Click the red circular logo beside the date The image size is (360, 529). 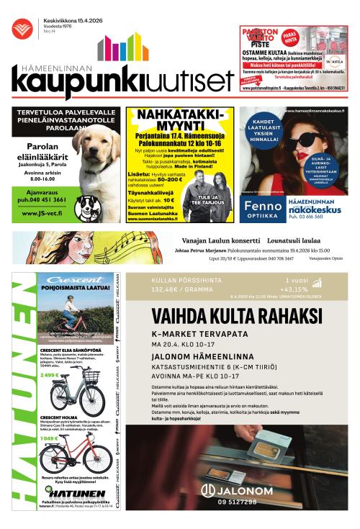(22, 28)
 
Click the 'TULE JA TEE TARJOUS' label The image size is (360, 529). (205, 199)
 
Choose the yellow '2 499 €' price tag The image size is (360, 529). (50, 375)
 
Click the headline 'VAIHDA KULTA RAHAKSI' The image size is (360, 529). (237, 317)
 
